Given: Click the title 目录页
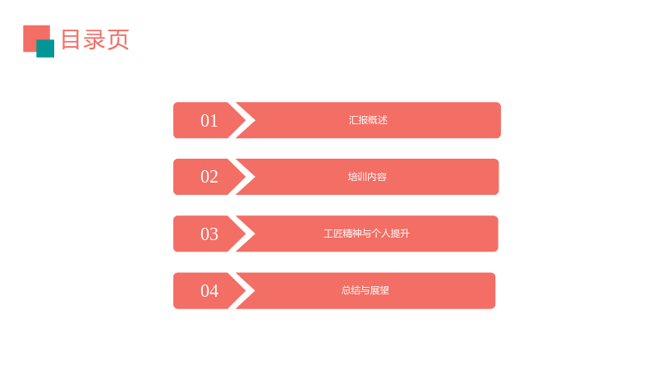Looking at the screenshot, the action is click(x=95, y=39).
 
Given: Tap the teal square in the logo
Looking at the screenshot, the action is click(x=45, y=49).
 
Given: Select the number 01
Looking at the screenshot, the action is click(x=209, y=121).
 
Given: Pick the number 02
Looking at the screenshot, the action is click(x=209, y=177).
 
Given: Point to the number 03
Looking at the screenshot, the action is click(x=209, y=234).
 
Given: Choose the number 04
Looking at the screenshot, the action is click(x=209, y=291).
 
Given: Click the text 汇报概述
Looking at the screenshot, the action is click(x=368, y=120).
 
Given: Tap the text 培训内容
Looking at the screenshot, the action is click(x=367, y=177).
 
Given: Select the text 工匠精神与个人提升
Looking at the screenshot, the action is click(x=366, y=234).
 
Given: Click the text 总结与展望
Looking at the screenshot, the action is click(x=365, y=290).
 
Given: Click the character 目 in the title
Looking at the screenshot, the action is click(x=71, y=39).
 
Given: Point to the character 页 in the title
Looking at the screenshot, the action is click(x=118, y=39).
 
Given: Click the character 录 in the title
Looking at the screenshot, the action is click(x=94, y=39).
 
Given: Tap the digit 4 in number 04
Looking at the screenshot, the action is click(x=214, y=291).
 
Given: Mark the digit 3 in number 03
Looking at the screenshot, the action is click(x=214, y=234).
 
